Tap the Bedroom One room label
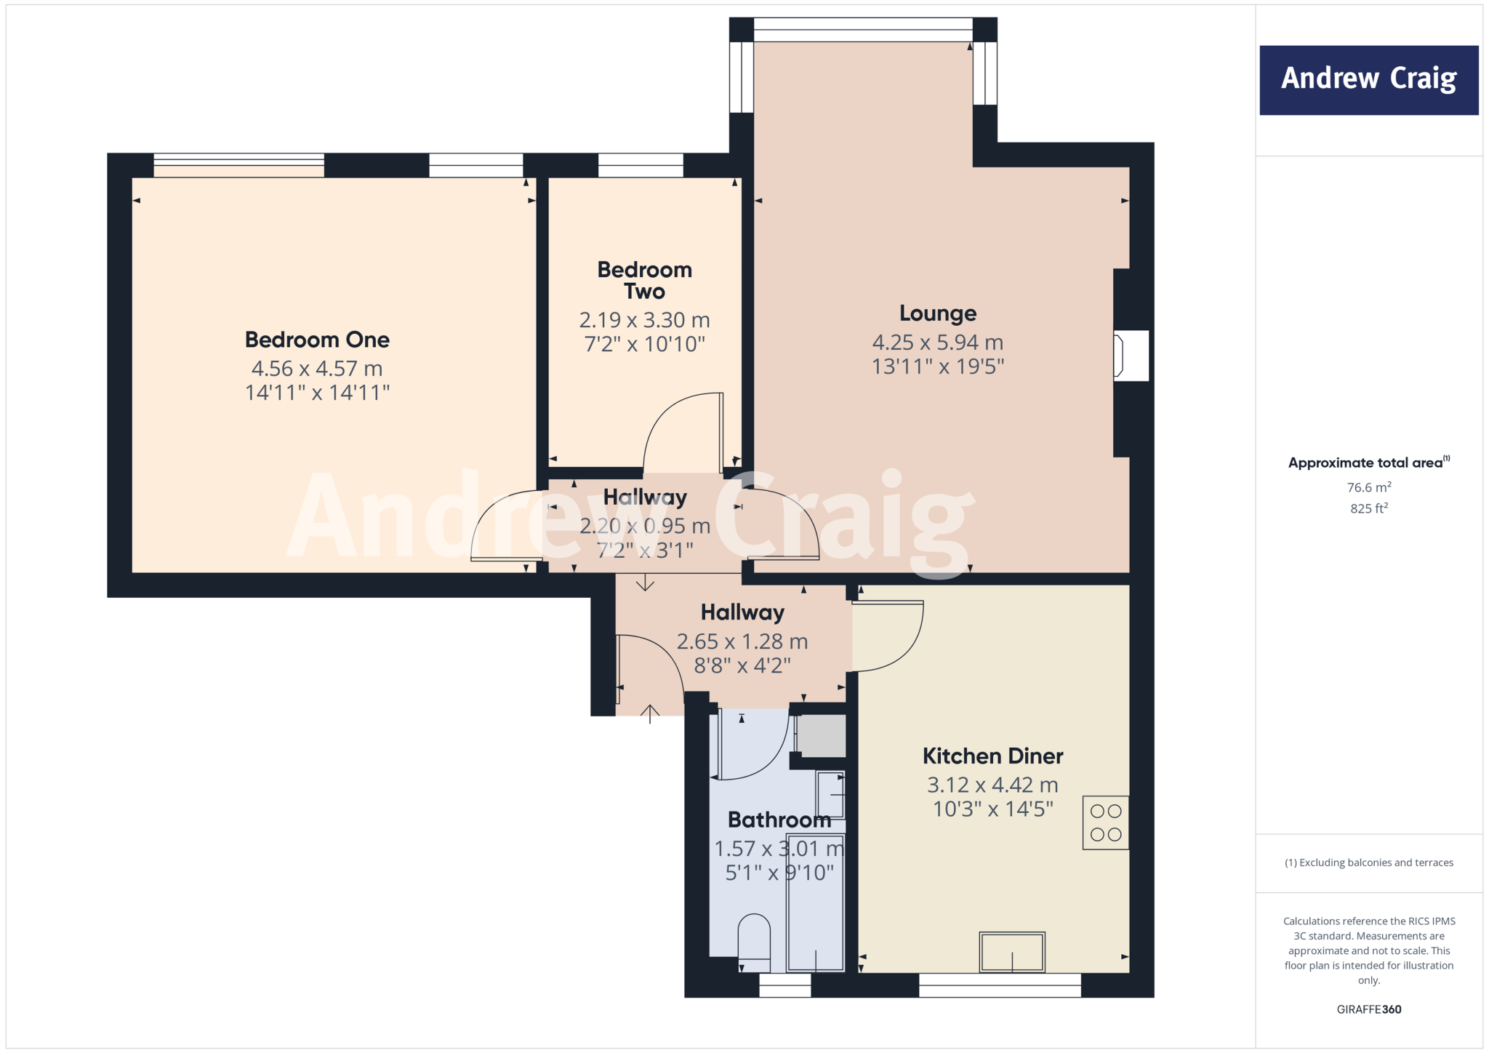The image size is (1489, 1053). tap(317, 340)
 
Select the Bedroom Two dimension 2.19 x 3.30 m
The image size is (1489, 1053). tap(644, 320)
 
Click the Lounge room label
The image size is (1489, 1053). tap(938, 313)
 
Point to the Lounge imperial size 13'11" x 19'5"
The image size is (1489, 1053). tap(938, 367)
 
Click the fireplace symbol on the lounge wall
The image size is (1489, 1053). tap(1131, 356)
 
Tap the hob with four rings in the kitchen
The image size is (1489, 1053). tap(1105, 823)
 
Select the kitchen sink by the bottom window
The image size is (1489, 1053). tap(1011, 952)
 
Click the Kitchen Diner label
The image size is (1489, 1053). tap(992, 756)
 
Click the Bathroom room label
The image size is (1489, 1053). tap(779, 820)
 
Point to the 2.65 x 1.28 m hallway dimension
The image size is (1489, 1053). tap(742, 641)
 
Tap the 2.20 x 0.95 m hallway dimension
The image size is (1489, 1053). tap(644, 526)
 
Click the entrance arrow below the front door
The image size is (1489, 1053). tap(650, 713)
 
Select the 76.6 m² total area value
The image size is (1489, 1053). tap(1368, 487)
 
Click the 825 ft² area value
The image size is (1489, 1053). tap(1368, 508)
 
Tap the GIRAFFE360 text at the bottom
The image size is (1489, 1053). tap(1368, 1009)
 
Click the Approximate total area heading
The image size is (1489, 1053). tap(1365, 463)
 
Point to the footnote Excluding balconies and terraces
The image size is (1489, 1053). tap(1368, 862)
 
